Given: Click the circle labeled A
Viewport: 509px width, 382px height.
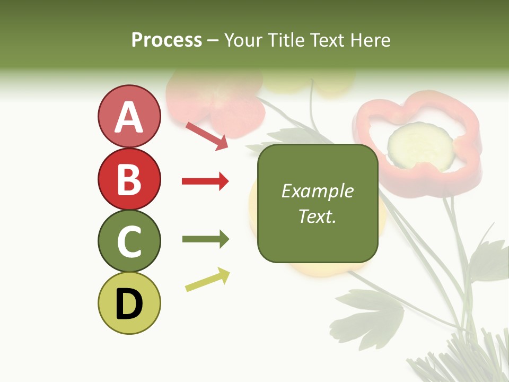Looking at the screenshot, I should click(129, 116).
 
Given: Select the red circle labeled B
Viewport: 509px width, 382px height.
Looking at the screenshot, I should click(129, 179).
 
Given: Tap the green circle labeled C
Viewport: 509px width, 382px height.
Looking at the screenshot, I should click(129, 241).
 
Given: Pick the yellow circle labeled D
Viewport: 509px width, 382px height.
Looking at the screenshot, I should click(129, 303).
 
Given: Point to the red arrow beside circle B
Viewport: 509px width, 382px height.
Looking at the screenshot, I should click(205, 181).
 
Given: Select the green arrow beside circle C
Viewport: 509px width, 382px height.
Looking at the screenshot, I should click(205, 239).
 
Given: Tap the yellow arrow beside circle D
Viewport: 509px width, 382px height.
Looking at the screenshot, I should click(207, 280).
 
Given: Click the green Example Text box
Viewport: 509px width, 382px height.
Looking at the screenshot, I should click(317, 204).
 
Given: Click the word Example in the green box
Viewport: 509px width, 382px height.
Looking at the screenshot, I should click(317, 191).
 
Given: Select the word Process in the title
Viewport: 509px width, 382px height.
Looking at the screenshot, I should click(166, 40).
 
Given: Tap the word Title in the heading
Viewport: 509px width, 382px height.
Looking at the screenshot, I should click(287, 40).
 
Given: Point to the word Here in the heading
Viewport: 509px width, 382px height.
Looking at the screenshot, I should click(371, 40).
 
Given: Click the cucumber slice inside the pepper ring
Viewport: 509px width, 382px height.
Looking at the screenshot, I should click(420, 144).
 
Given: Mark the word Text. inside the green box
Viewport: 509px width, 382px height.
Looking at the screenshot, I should click(317, 216).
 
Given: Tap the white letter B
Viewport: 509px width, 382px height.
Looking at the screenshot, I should click(129, 179).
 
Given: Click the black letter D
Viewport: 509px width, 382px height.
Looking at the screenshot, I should click(129, 304).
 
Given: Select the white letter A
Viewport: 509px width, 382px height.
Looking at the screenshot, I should click(129, 117).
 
